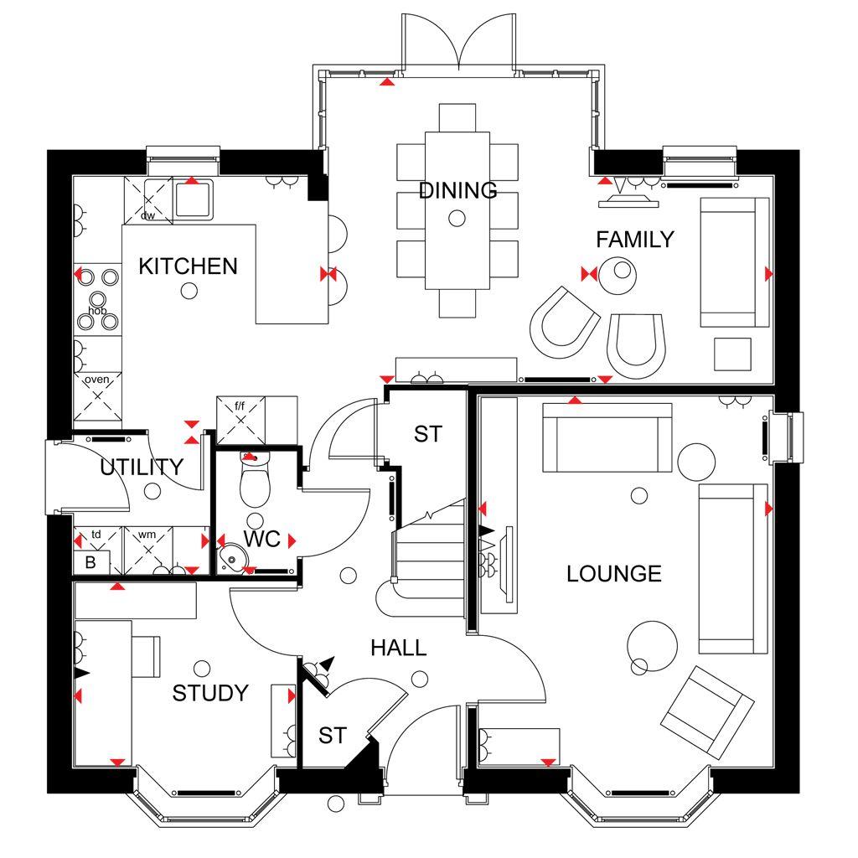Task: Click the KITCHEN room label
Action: [188, 266]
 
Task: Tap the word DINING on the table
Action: [457, 190]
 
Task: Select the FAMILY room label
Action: [634, 240]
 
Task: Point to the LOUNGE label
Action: [613, 574]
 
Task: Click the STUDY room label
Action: [210, 693]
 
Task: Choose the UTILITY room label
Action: [141, 468]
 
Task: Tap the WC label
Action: [261, 540]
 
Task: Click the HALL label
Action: [399, 648]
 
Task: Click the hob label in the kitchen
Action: [97, 311]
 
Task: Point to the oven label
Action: [97, 380]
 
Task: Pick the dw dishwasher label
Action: [147, 215]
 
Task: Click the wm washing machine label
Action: [147, 534]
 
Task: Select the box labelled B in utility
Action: [90, 562]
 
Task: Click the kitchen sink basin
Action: [194, 199]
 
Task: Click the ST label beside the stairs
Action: [427, 434]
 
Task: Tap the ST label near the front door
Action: [332, 736]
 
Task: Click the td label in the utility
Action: [96, 534]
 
